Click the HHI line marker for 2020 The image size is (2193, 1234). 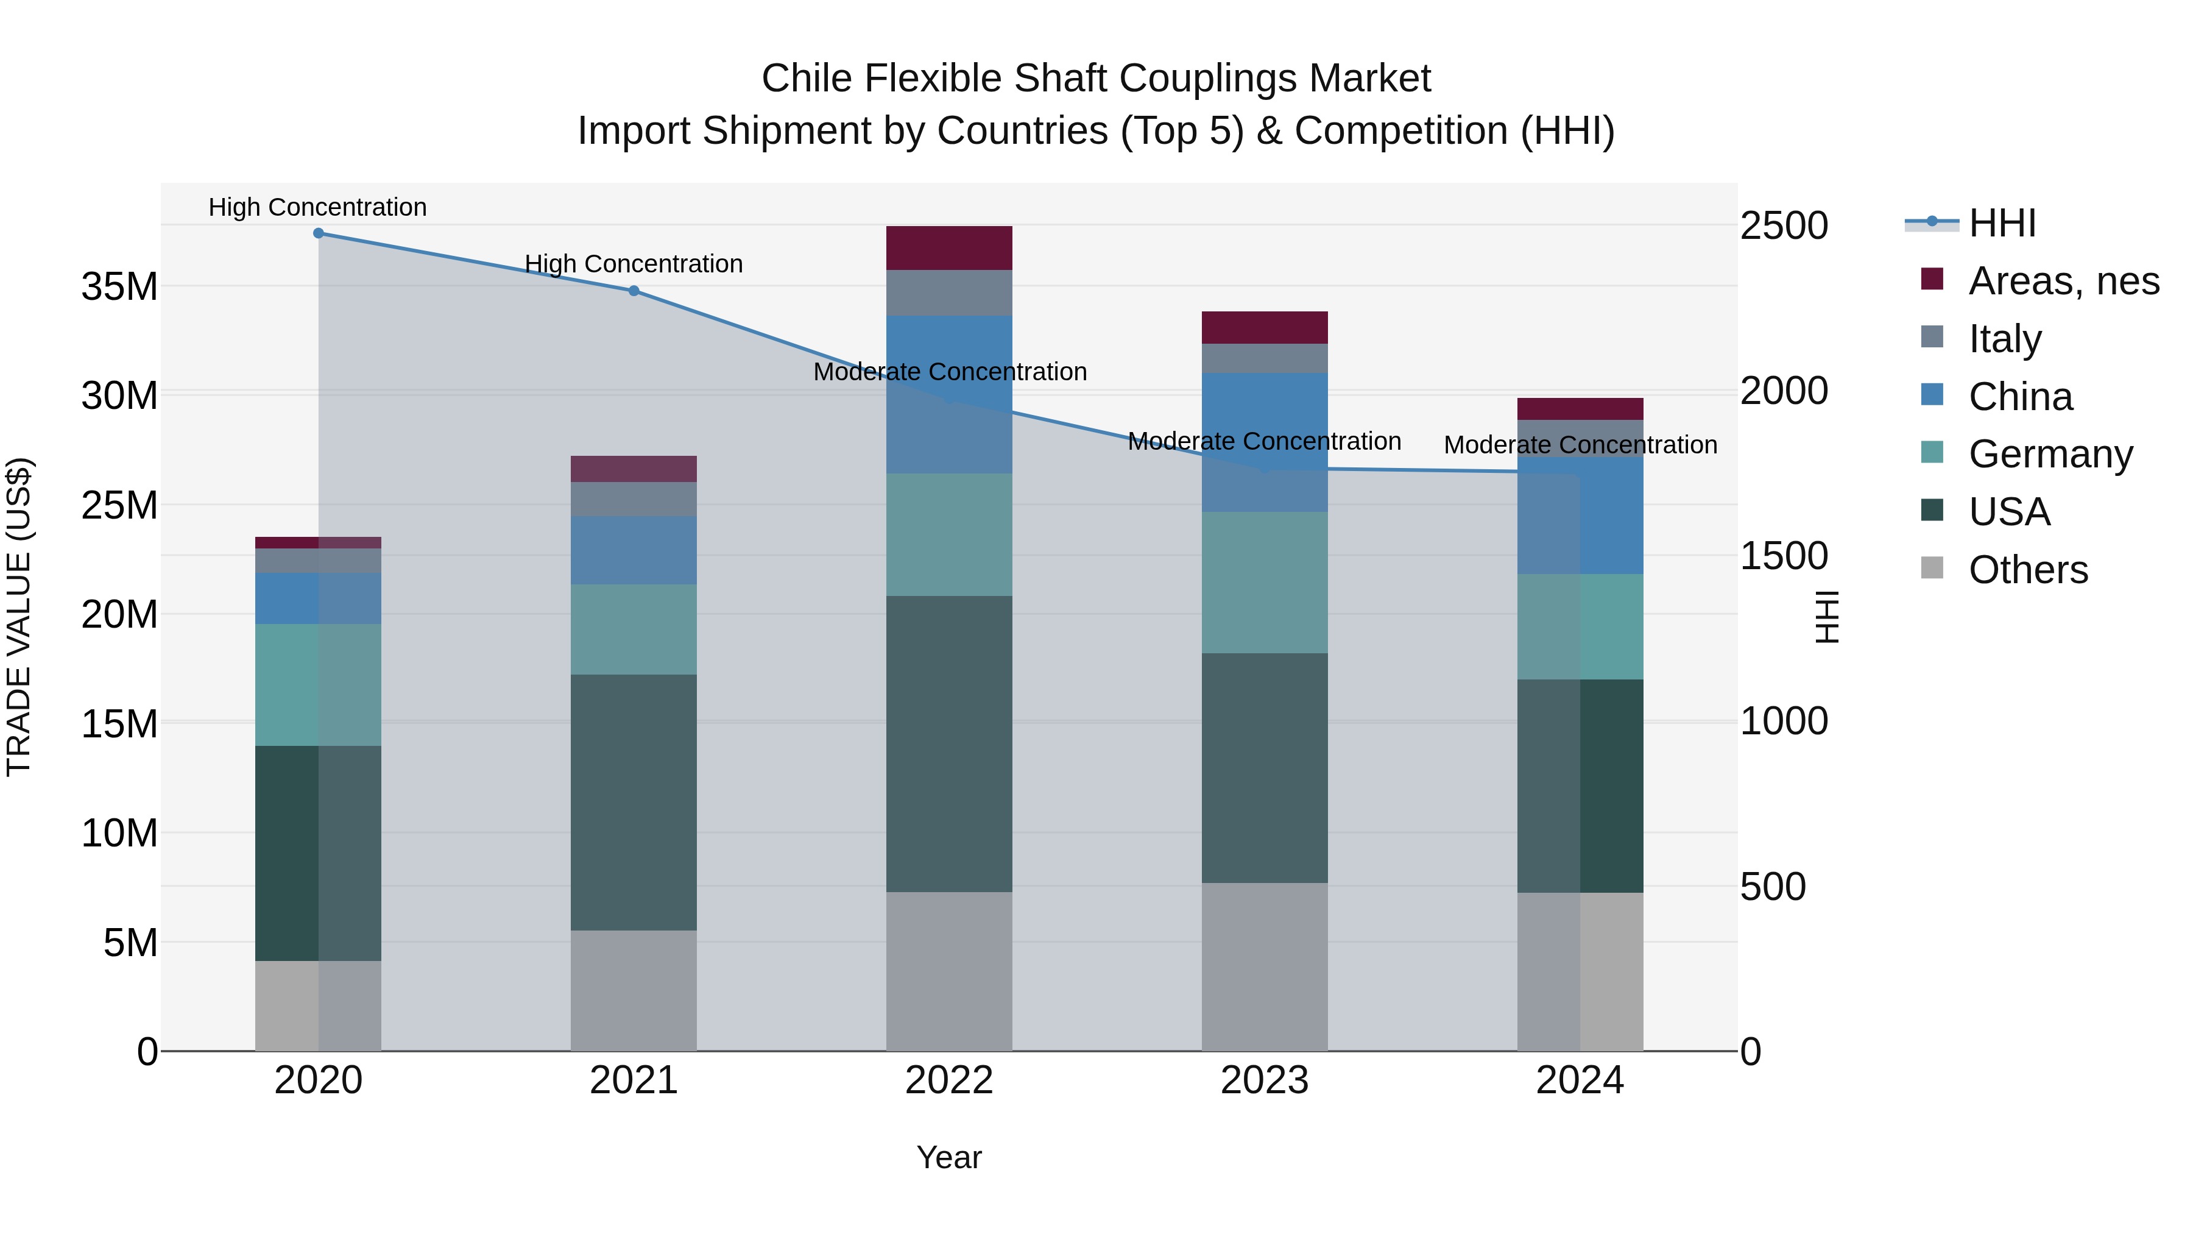[319, 233]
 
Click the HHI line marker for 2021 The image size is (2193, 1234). [634, 291]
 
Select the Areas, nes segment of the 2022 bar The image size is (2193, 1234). [949, 248]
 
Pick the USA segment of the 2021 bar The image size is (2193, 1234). [634, 802]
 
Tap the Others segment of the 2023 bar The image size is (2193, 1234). [1264, 966]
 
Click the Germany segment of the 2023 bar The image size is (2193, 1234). [1264, 583]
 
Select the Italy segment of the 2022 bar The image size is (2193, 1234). [949, 293]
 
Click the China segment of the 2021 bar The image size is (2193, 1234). [634, 550]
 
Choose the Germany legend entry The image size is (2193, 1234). [2050, 454]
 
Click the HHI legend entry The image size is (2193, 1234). [2001, 223]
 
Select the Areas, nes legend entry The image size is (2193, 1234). [2063, 281]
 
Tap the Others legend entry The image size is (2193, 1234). [2027, 570]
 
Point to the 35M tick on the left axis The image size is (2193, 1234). [119, 287]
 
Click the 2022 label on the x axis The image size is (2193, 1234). [949, 1080]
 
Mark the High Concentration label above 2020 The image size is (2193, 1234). [317, 207]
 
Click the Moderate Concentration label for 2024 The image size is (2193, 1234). [1580, 445]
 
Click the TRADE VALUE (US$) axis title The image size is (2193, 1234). [19, 617]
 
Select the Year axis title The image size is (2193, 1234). [949, 1157]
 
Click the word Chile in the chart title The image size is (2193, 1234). [806, 79]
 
